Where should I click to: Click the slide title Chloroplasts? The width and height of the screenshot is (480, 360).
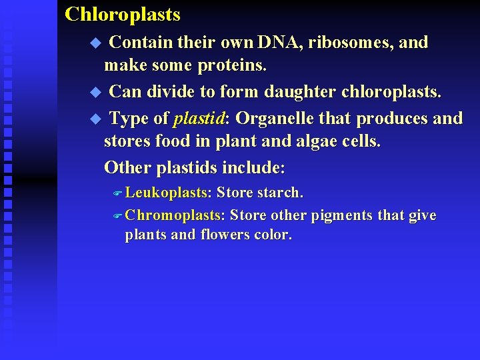(123, 14)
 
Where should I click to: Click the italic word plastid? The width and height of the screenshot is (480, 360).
(199, 119)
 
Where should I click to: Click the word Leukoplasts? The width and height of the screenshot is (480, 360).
(167, 193)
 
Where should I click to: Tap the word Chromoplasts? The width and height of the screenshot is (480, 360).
(175, 215)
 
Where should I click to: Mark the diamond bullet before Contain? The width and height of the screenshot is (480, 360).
(94, 43)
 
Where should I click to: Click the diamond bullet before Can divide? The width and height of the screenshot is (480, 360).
(94, 91)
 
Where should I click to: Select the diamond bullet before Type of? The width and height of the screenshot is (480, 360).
(94, 119)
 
